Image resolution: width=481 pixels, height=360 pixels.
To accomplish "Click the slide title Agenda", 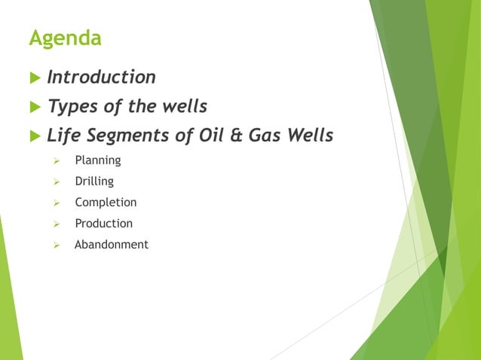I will (x=65, y=38).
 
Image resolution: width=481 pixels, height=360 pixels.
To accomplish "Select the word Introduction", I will (x=101, y=78).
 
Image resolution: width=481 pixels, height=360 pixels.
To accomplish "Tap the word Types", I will (x=72, y=107).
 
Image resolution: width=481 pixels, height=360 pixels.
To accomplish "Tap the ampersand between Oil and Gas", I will (x=234, y=136).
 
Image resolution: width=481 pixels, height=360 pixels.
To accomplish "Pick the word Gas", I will (x=262, y=136).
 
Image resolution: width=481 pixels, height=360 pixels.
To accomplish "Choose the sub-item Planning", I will (x=97, y=160).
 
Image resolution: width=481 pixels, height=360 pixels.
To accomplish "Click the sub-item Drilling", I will (x=94, y=182).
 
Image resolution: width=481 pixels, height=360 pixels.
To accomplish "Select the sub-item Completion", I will (x=106, y=203).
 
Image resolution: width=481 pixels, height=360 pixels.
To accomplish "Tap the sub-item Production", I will (x=103, y=224).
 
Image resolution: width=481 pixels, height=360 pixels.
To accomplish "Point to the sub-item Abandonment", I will (x=111, y=245).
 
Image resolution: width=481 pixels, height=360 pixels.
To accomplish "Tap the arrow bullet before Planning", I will (x=56, y=161).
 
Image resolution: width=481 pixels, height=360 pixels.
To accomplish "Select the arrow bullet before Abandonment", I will (x=56, y=246).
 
